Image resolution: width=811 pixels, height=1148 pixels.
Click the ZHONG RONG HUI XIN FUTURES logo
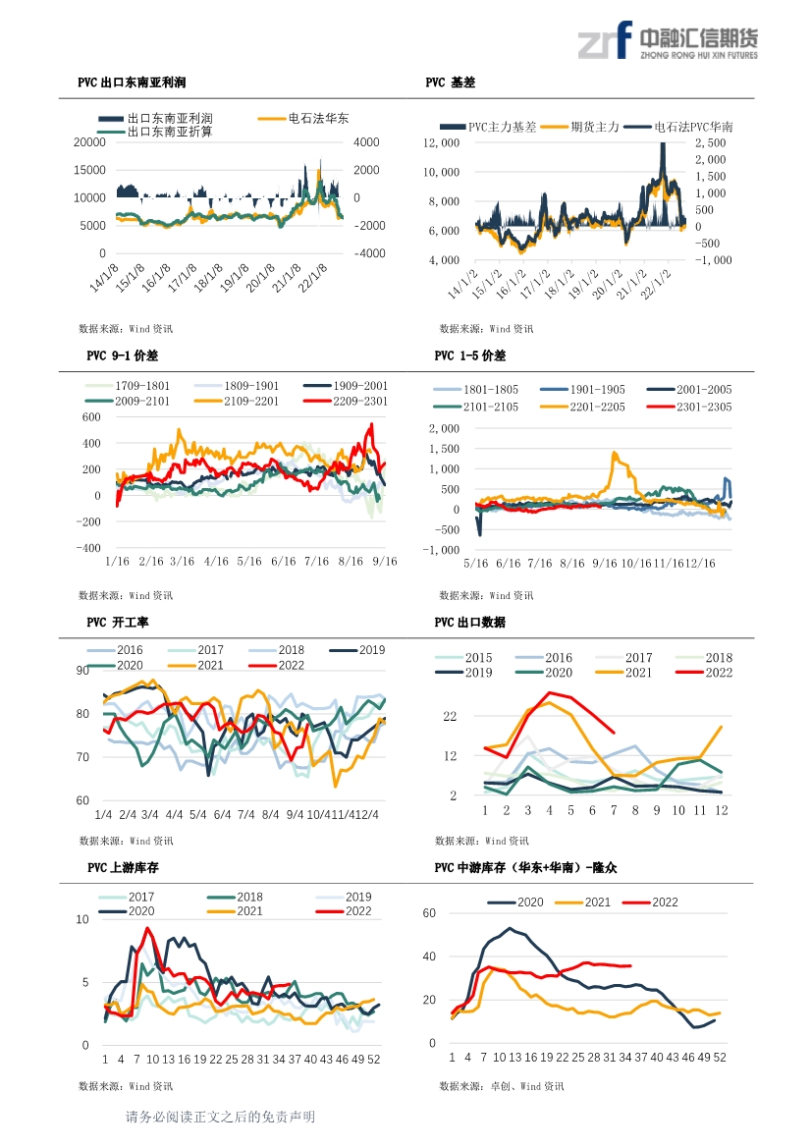pyautogui.click(x=668, y=40)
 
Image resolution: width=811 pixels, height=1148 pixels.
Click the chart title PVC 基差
pyautogui.click(x=450, y=82)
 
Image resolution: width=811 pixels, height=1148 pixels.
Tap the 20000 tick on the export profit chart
pyautogui.click(x=89, y=142)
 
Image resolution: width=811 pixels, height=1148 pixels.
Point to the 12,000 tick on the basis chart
pyautogui.click(x=442, y=142)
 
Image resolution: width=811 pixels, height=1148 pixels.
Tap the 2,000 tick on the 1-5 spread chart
pyautogui.click(x=445, y=428)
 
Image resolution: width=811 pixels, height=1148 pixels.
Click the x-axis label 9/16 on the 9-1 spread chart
pyautogui.click(x=385, y=562)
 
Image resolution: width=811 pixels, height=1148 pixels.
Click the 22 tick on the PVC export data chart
pyautogui.click(x=450, y=716)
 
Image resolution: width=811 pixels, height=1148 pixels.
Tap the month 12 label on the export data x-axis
pyautogui.click(x=722, y=810)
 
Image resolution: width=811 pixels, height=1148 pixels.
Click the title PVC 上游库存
pyautogui.click(x=123, y=867)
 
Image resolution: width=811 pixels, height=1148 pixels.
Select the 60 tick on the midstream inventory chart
pyautogui.click(x=429, y=913)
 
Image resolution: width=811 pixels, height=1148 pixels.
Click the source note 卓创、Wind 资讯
pyautogui.click(x=527, y=1086)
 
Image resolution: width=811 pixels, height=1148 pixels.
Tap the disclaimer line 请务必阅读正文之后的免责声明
pyautogui.click(x=220, y=1117)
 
